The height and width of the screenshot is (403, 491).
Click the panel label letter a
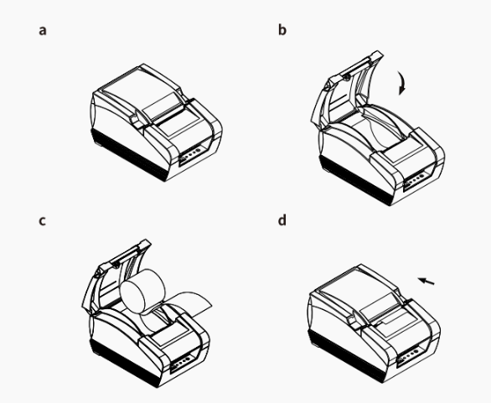[43, 31]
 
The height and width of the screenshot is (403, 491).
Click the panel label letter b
[282, 30]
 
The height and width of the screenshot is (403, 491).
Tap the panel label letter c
[42, 220]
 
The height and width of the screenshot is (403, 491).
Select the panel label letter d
[282, 220]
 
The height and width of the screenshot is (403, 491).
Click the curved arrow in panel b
[403, 82]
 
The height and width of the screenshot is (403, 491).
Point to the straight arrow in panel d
[426, 281]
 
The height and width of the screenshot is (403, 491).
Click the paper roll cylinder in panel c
[142, 292]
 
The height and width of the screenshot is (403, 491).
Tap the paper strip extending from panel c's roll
[188, 304]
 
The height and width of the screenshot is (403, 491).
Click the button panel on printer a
[190, 154]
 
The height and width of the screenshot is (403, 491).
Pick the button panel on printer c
[182, 363]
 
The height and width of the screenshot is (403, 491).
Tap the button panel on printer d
[409, 356]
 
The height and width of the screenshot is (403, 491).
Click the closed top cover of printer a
[141, 94]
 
